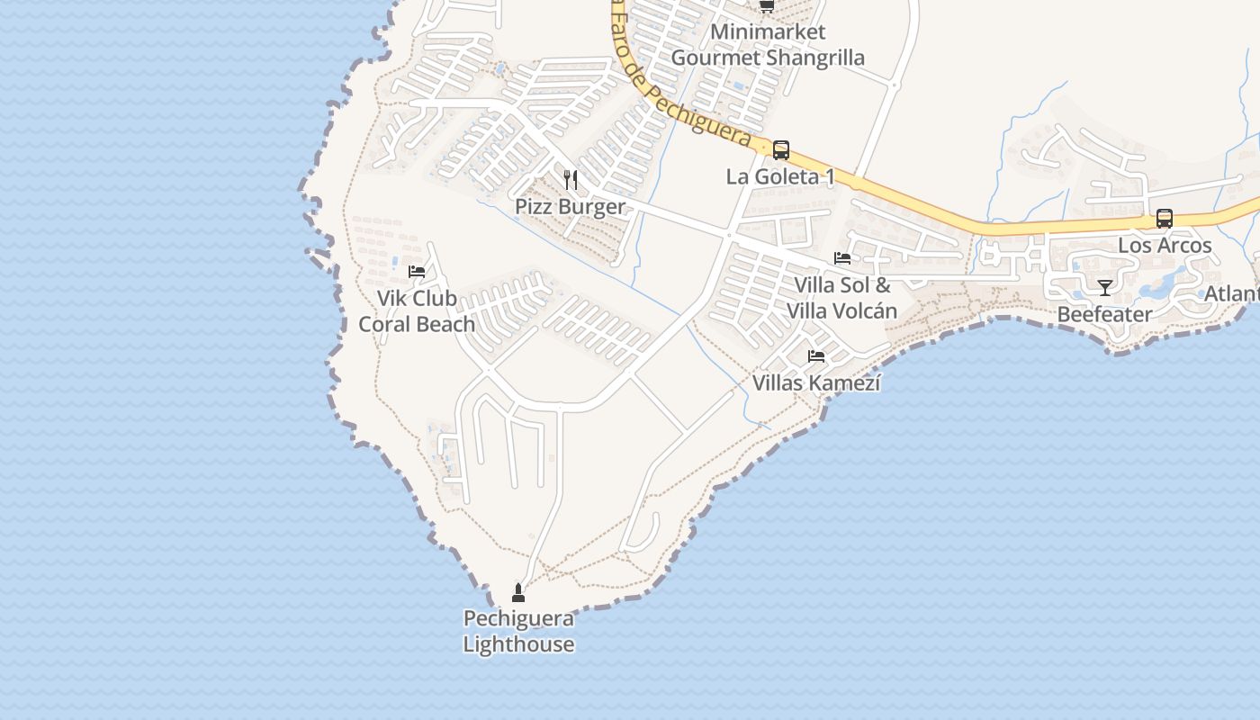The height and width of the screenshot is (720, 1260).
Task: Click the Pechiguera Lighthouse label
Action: (518, 631)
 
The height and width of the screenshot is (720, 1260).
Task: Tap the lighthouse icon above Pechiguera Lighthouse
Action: (518, 592)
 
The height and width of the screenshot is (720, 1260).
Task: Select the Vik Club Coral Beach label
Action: (417, 310)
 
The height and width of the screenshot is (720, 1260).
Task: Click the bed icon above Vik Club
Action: (417, 271)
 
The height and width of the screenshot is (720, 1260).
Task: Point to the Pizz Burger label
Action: (570, 207)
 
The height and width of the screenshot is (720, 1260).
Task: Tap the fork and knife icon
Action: (570, 179)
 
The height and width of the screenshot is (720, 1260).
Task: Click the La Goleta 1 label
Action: (780, 176)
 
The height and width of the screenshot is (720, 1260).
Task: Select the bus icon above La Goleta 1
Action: (781, 150)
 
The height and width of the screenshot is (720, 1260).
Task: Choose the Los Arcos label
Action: (1165, 245)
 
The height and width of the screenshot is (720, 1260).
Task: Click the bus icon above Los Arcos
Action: (1165, 219)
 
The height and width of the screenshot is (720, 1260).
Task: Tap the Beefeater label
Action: (1104, 314)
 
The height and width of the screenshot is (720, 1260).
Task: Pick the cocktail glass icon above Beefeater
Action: (1105, 288)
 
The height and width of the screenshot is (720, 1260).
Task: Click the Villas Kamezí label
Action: (816, 383)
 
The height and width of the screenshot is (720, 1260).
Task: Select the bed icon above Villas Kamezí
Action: (816, 356)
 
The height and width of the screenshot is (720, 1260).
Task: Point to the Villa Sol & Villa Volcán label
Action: (842, 298)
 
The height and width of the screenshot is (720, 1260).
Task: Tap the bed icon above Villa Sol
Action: (842, 258)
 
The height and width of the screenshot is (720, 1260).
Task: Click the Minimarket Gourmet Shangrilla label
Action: (768, 45)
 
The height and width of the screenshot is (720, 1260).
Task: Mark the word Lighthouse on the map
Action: (518, 644)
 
